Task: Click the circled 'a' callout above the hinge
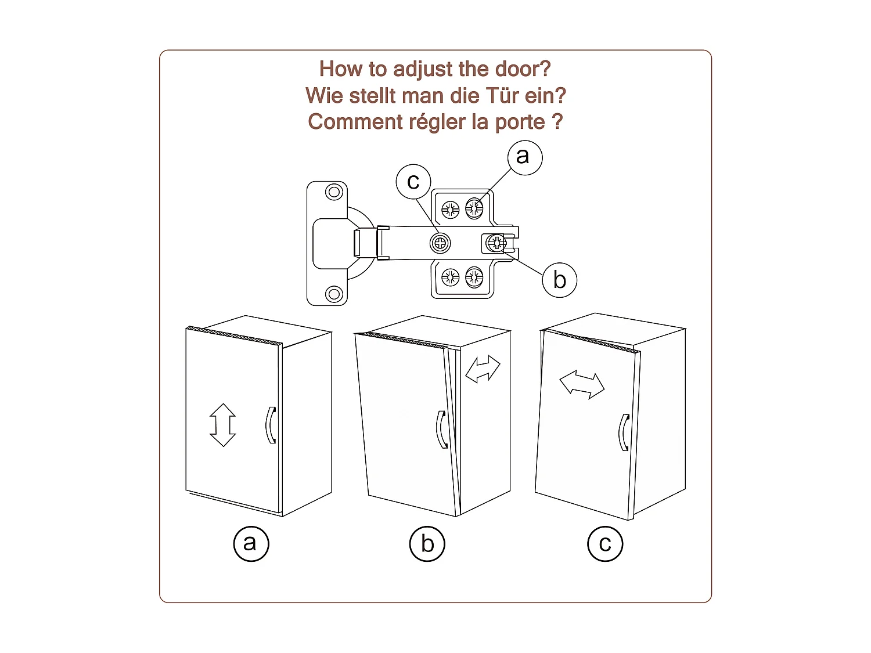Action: pyautogui.click(x=525, y=157)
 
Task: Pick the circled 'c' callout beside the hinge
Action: pyautogui.click(x=413, y=182)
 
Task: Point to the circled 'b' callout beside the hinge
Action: pyautogui.click(x=560, y=280)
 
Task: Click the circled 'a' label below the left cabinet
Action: pyautogui.click(x=251, y=543)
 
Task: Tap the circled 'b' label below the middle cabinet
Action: pyautogui.click(x=427, y=543)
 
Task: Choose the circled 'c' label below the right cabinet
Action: pyautogui.click(x=604, y=543)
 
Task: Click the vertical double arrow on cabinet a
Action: pyautogui.click(x=222, y=425)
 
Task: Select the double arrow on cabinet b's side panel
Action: pyautogui.click(x=483, y=369)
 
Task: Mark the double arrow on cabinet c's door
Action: pyautogui.click(x=582, y=384)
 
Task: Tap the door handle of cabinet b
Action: pyautogui.click(x=441, y=430)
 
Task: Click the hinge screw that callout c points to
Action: pyautogui.click(x=440, y=243)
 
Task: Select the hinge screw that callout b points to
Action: pyautogui.click(x=496, y=243)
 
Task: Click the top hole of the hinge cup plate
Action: pyautogui.click(x=334, y=192)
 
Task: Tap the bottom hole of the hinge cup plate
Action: pyautogui.click(x=334, y=294)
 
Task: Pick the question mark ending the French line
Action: pyautogui.click(x=557, y=121)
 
